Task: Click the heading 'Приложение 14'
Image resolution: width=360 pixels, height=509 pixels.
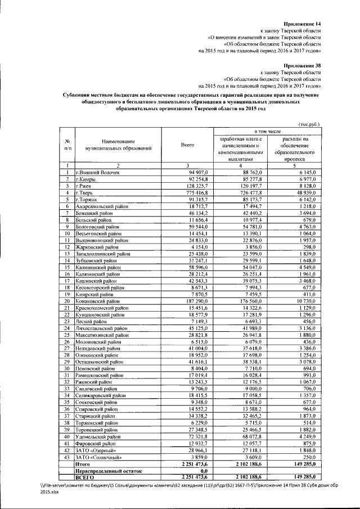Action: [x=303, y=24]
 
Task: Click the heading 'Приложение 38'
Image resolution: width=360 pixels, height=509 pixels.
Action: [x=303, y=65]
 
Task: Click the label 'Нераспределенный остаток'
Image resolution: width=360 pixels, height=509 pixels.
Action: [x=109, y=471]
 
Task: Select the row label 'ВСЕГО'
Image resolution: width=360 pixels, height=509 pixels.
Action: [x=85, y=477]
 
